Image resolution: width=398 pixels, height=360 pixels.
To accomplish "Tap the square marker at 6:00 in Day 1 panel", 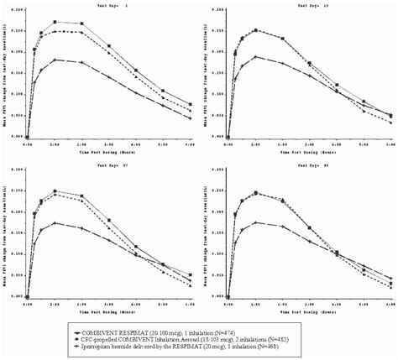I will point(190,105).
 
